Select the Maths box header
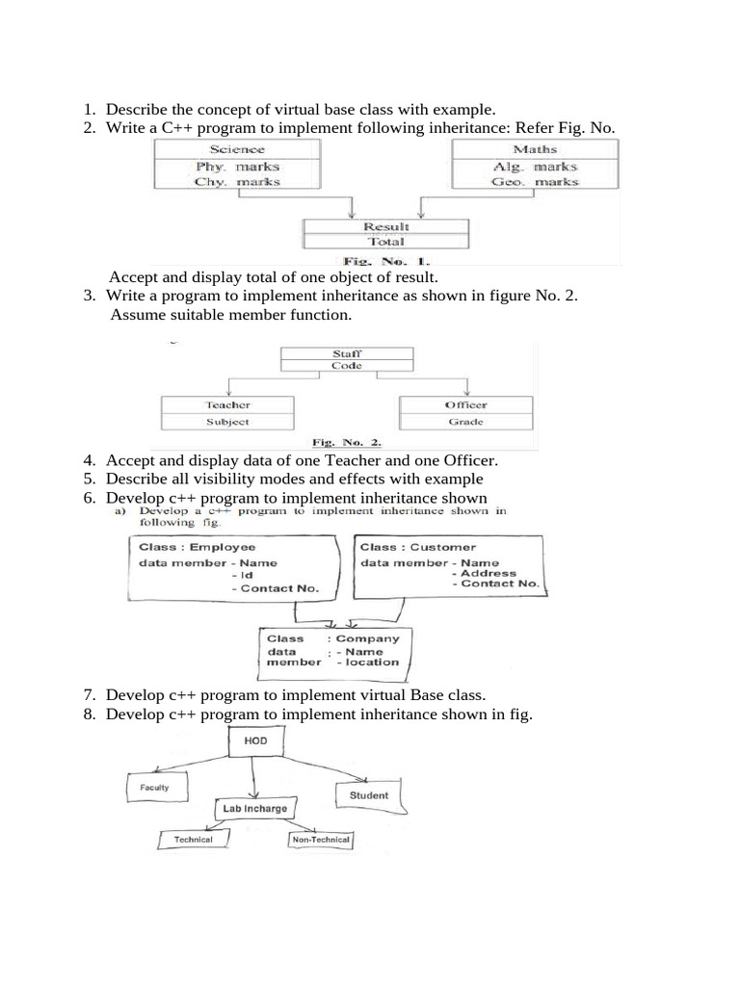(535, 149)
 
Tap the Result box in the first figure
(385, 226)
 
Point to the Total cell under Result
(385, 242)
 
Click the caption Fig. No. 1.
(386, 260)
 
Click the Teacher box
(227, 405)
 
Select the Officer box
(465, 405)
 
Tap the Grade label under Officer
(465, 422)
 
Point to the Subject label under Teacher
(227, 422)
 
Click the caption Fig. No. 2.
(347, 443)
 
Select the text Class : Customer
(405, 547)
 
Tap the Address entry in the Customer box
(489, 573)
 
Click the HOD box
(255, 742)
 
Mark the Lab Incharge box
(254, 809)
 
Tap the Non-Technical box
(321, 840)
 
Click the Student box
(368, 795)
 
